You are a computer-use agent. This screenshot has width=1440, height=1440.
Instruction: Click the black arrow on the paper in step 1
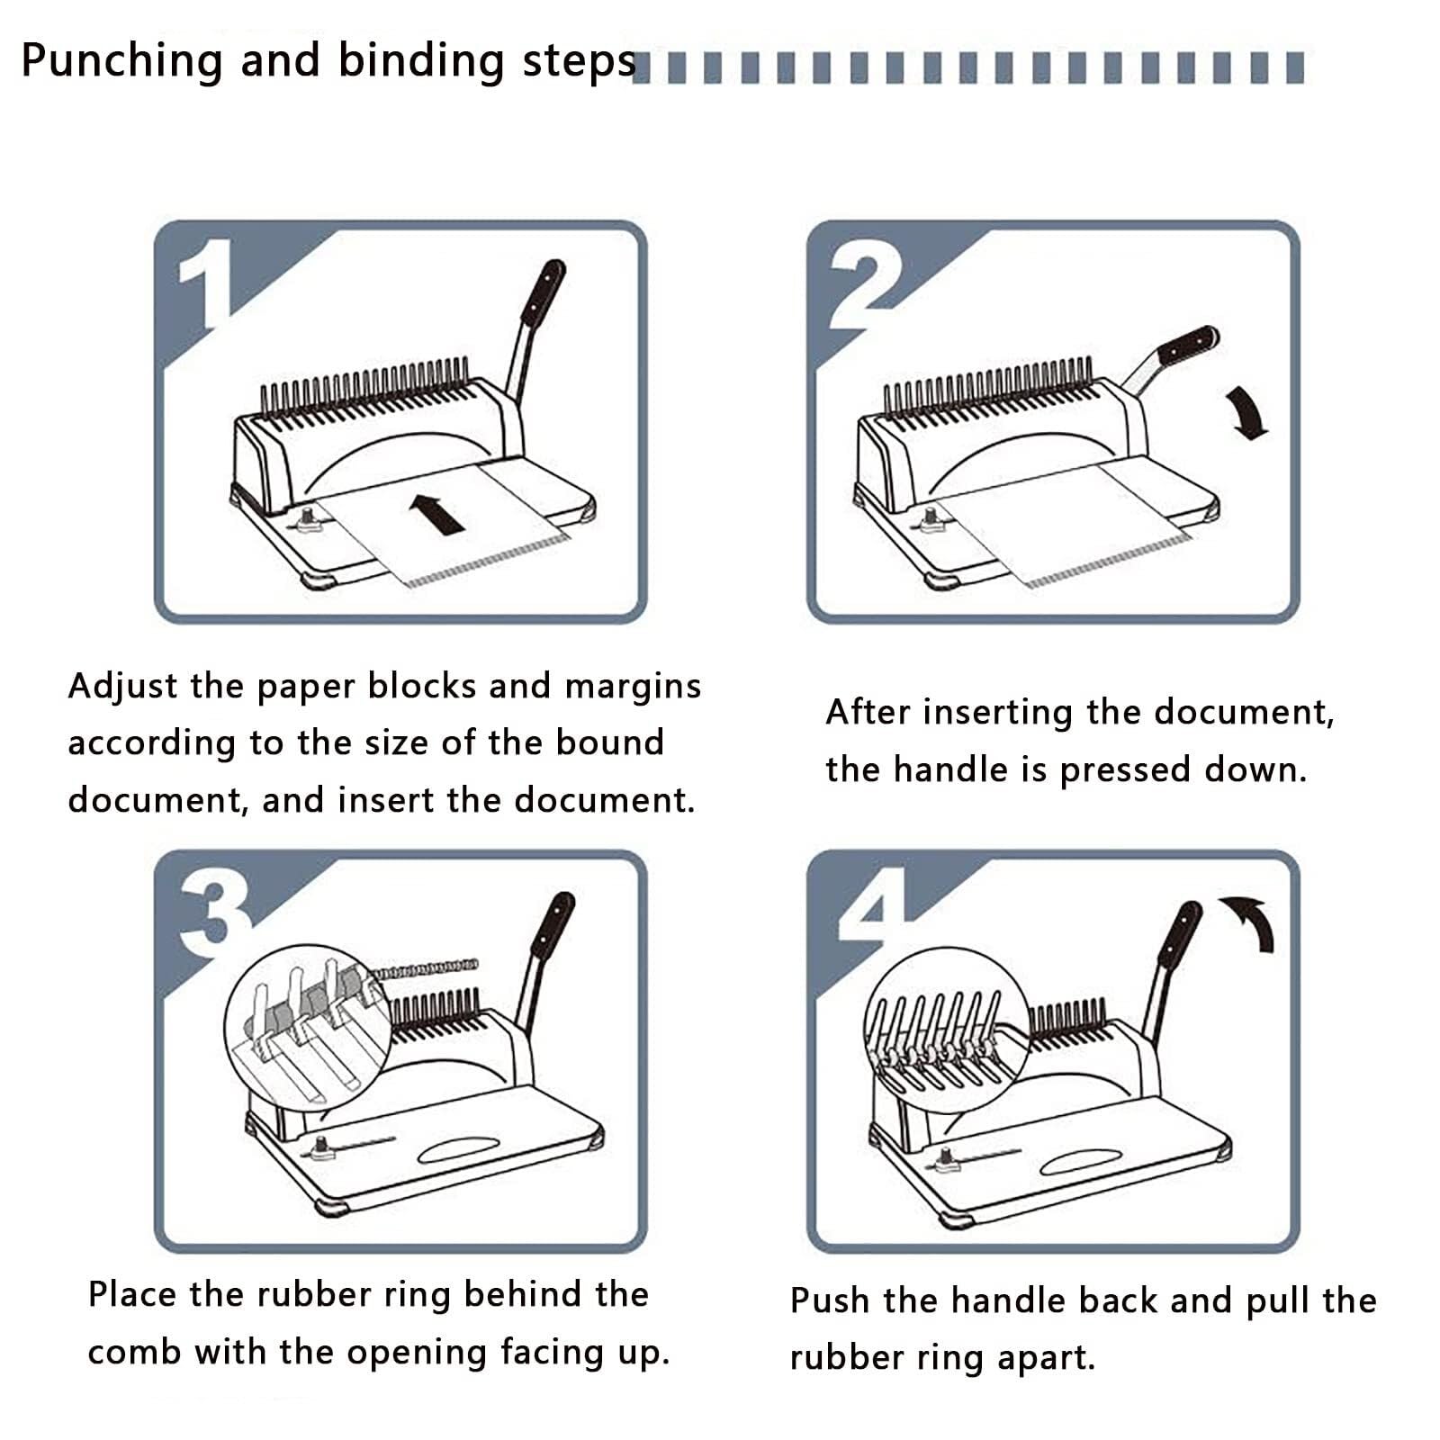click(x=436, y=513)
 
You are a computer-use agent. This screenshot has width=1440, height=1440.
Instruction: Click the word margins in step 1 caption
click(x=632, y=687)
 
